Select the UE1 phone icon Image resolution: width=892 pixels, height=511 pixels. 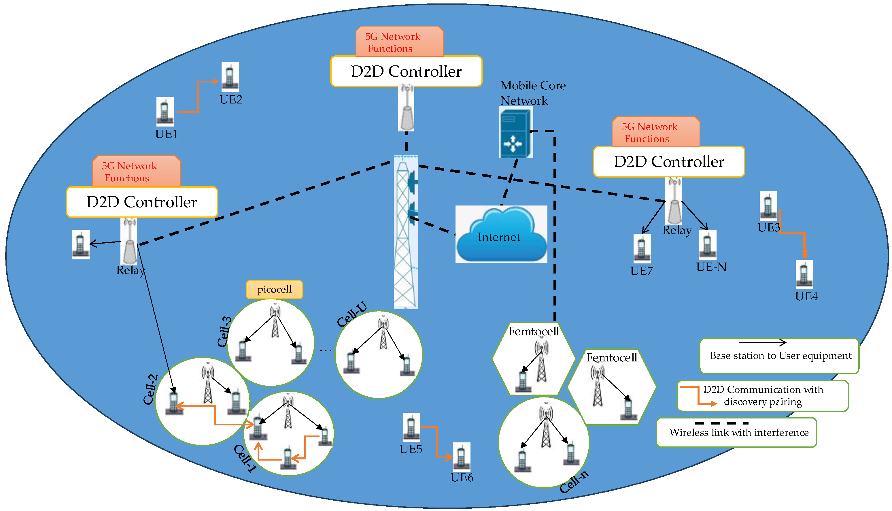[x=165, y=111]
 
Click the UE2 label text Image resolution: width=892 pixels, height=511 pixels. [x=230, y=100]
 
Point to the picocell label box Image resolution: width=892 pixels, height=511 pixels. [x=274, y=290]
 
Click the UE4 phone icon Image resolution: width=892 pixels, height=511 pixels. [x=804, y=274]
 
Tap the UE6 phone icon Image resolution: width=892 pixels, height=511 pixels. [x=461, y=457]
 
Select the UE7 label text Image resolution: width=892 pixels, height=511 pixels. [x=641, y=271]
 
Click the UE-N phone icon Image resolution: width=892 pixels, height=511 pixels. [x=708, y=245]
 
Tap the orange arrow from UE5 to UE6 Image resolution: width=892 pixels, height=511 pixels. [x=437, y=442]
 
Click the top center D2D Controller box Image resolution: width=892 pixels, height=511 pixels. [x=406, y=71]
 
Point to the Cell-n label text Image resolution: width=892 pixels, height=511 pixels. [x=574, y=482]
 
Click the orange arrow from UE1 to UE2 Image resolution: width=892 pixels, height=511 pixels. [x=198, y=97]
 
